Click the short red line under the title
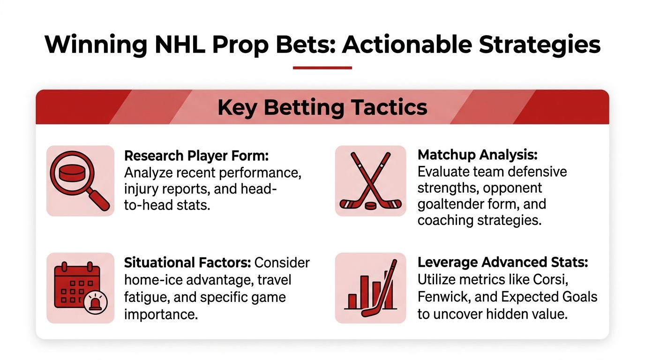click(322, 68)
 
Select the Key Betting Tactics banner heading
click(322, 107)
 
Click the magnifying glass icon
click(80, 180)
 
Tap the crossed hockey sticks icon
click(370, 180)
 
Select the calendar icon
click(80, 288)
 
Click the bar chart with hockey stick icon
click(370, 288)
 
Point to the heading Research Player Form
click(196, 156)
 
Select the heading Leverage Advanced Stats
click(502, 262)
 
